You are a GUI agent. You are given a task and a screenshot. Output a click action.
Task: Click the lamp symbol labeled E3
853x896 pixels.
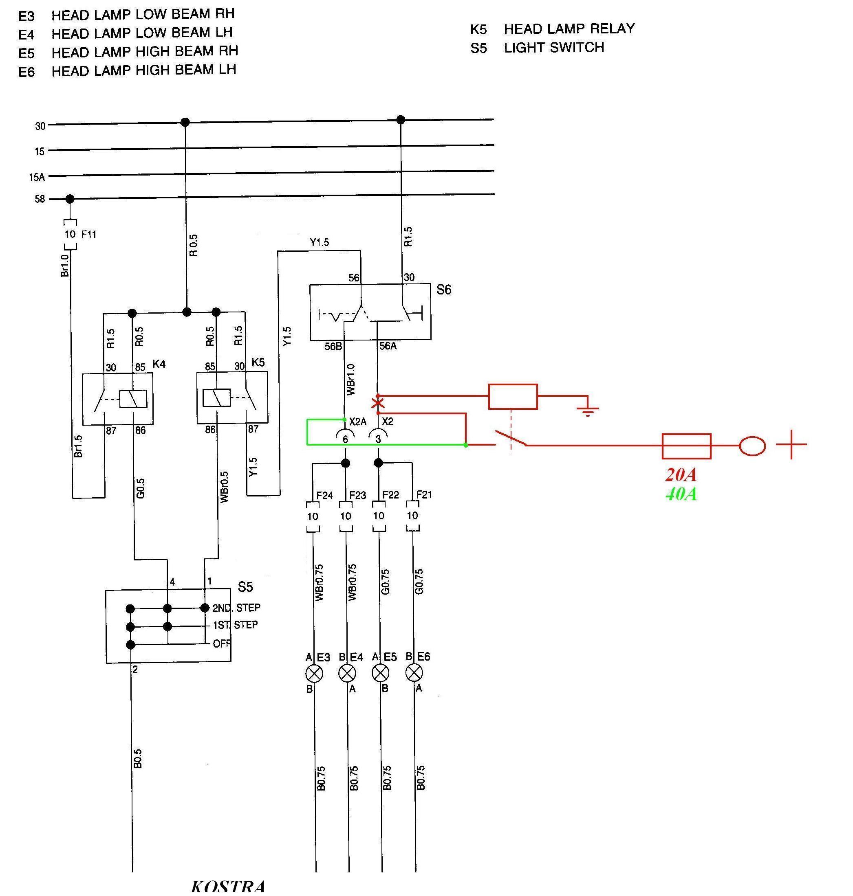pos(314,673)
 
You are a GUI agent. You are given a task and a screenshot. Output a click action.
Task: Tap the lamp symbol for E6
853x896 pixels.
pos(414,672)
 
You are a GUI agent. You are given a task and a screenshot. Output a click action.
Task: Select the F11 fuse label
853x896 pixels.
pos(89,235)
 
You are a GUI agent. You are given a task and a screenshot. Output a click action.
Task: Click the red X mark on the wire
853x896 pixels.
pos(378,403)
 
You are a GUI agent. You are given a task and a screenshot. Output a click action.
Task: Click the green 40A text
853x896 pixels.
pos(681,494)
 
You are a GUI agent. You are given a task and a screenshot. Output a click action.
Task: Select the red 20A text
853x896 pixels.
pos(681,475)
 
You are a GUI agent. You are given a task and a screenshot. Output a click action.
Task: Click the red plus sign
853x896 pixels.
pos(791,444)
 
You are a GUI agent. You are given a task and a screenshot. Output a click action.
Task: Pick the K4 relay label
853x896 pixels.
pos(159,364)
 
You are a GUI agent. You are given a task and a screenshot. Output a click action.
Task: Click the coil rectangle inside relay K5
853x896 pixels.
pos(216,398)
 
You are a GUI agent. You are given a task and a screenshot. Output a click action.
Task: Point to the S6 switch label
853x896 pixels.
pos(444,290)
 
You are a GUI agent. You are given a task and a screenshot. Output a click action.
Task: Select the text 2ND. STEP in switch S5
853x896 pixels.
pos(236,608)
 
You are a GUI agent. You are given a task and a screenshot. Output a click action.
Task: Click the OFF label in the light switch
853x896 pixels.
pos(222,643)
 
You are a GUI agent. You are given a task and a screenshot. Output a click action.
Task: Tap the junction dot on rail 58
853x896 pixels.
pos(70,199)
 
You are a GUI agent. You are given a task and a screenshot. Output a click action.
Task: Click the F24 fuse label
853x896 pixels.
pos(325,495)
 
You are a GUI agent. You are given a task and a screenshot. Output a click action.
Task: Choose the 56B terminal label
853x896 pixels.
pos(333,347)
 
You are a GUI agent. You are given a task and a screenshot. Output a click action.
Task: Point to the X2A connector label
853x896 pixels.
pos(358,422)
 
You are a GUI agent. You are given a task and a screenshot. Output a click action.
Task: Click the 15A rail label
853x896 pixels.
pos(37,177)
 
